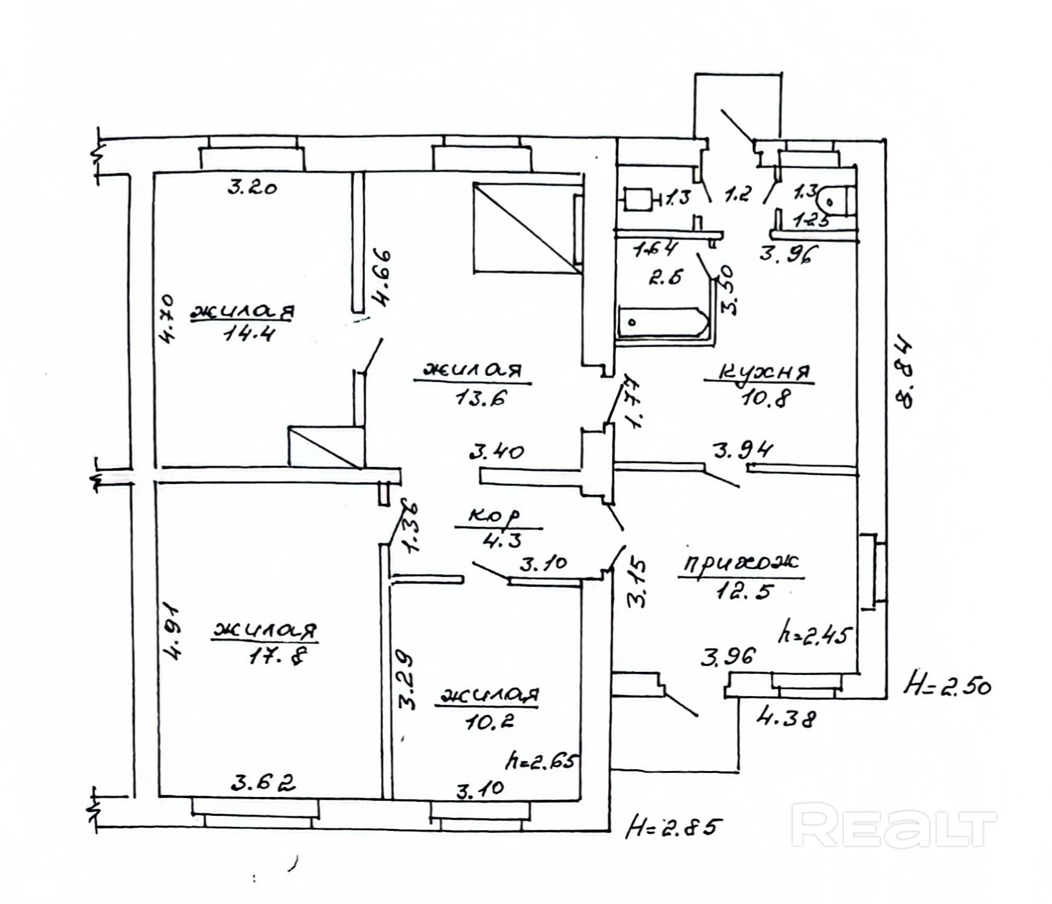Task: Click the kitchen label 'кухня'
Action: tap(759, 372)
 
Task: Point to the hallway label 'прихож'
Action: tap(741, 563)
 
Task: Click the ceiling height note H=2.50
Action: tap(947, 686)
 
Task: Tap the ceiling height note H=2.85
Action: tap(674, 826)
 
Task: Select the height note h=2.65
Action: tap(543, 760)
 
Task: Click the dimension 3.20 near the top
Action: tap(252, 187)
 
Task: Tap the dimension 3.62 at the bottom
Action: tap(263, 783)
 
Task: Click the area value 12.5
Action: tap(744, 590)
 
